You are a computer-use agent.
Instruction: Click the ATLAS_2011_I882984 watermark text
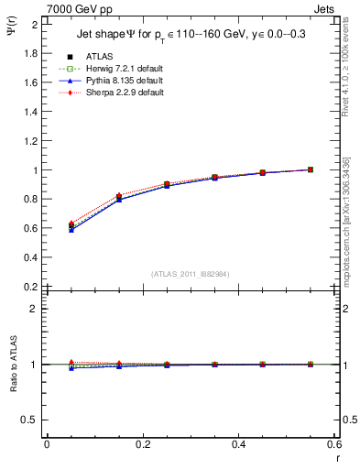(190, 273)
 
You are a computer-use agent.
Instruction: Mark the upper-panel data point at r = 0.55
(311, 169)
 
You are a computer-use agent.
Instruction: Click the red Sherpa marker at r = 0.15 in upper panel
(118, 195)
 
